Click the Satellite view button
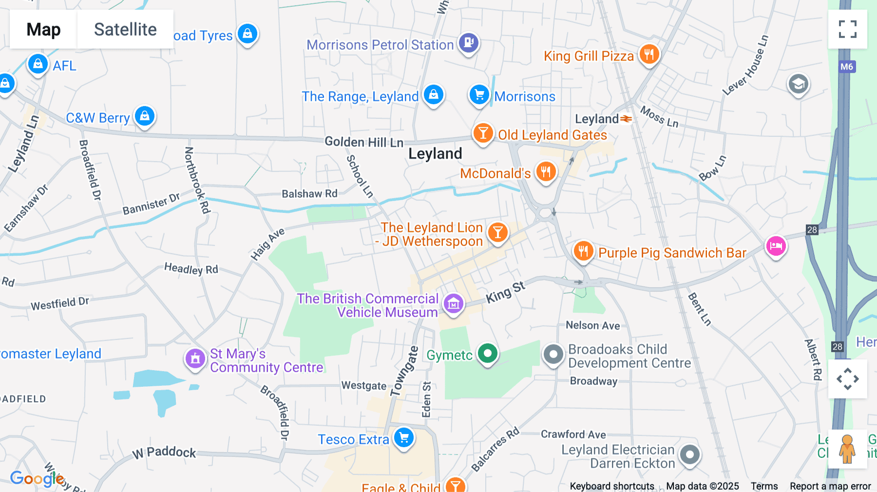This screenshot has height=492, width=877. click(x=125, y=29)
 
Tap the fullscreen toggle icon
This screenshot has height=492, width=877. click(x=847, y=29)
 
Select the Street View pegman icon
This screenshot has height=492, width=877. click(x=847, y=449)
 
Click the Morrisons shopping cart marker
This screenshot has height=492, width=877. click(x=479, y=95)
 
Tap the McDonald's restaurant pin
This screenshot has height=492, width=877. click(x=546, y=171)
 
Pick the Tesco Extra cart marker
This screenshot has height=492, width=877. click(x=404, y=437)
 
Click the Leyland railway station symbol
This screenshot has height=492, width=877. click(x=626, y=118)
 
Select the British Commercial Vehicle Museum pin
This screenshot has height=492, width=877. click(x=453, y=304)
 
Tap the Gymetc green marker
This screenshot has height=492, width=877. click(x=488, y=353)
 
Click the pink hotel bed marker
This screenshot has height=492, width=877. click(x=776, y=246)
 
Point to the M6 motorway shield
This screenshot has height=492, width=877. click(x=847, y=67)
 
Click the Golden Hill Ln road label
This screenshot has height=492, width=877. click(x=364, y=142)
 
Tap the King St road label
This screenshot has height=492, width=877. click(x=506, y=292)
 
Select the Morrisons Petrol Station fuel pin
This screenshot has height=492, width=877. click(x=469, y=42)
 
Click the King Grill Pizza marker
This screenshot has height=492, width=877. click(x=649, y=54)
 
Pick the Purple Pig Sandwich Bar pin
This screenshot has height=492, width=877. click(x=583, y=251)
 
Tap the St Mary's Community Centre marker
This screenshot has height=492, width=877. click(x=195, y=359)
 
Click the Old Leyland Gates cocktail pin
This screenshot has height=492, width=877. click(x=483, y=132)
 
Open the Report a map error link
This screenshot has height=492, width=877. click(x=830, y=486)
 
